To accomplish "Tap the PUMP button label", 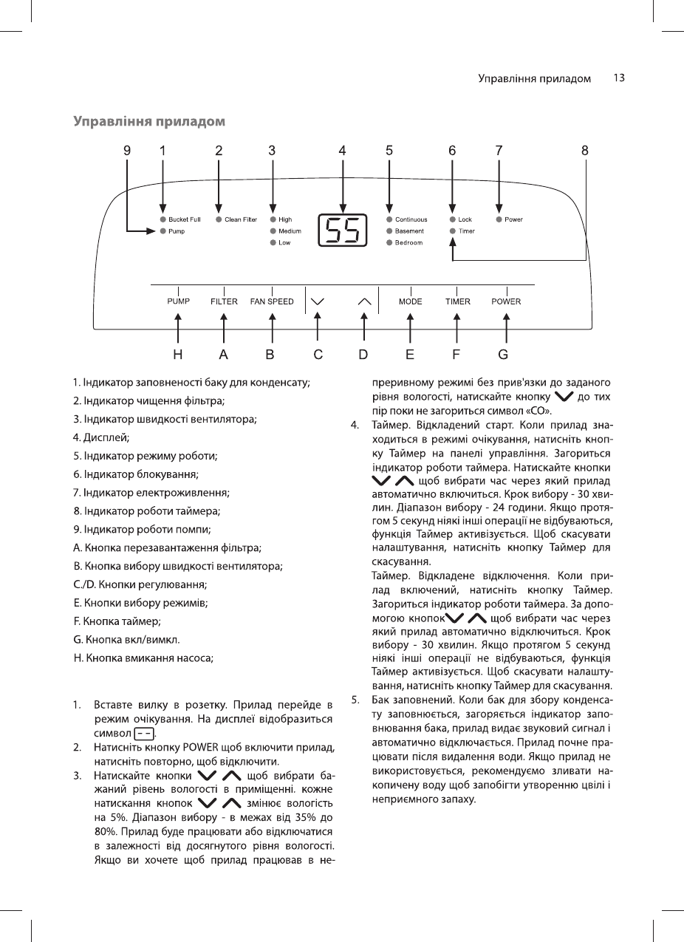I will click(x=178, y=301).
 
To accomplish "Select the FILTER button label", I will click(x=224, y=301).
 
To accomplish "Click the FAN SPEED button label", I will click(x=272, y=301).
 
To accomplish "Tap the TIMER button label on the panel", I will click(x=457, y=301).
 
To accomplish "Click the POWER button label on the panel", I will click(x=506, y=301).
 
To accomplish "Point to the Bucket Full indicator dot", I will click(x=163, y=219).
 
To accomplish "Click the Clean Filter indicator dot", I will click(x=219, y=219).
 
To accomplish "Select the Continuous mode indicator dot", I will click(x=389, y=219).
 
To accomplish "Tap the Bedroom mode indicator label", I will click(x=408, y=243).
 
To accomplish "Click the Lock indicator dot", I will click(x=452, y=219).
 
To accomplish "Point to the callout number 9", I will click(x=127, y=150).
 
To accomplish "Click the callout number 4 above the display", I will click(x=342, y=150).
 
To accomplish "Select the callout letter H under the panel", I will click(x=178, y=354).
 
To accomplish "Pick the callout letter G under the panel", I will click(x=503, y=354).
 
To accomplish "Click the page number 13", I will click(x=619, y=78).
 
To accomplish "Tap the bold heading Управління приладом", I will click(x=148, y=120).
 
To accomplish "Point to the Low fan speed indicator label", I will click(x=284, y=243).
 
